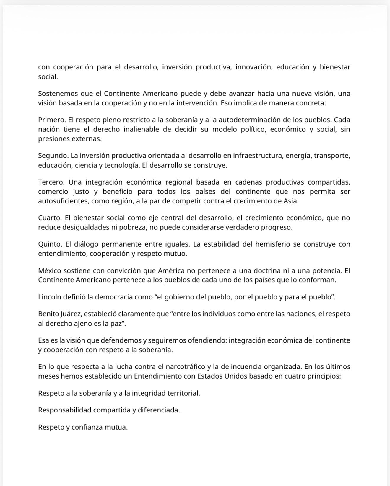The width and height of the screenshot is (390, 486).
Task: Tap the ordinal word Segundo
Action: point(52,156)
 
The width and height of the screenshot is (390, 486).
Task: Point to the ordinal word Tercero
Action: point(51,182)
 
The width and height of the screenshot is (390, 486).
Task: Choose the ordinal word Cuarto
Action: point(50,218)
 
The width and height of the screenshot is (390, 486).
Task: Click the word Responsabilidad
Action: point(64,410)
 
